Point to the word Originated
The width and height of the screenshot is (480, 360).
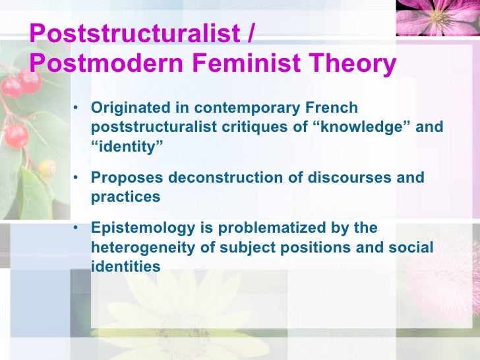pos(129,107)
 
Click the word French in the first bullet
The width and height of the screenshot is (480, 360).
pos(334,107)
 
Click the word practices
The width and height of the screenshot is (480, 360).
pos(125,196)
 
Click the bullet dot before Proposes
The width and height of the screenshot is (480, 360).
pos(77,177)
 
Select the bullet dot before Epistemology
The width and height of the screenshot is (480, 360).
pos(77,227)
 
